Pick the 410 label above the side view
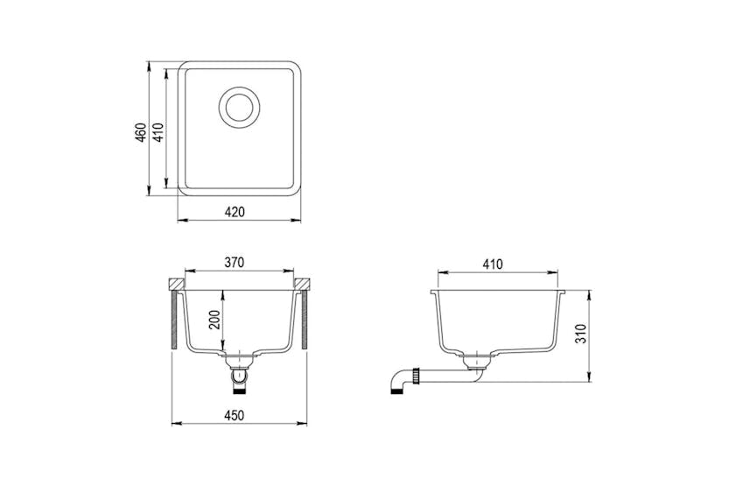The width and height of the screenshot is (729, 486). pyautogui.click(x=492, y=263)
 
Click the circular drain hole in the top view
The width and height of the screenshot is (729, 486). pyautogui.click(x=239, y=107)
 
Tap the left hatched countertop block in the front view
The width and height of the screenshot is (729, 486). pyautogui.click(x=175, y=285)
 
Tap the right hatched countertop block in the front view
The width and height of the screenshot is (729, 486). pyautogui.click(x=303, y=285)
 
